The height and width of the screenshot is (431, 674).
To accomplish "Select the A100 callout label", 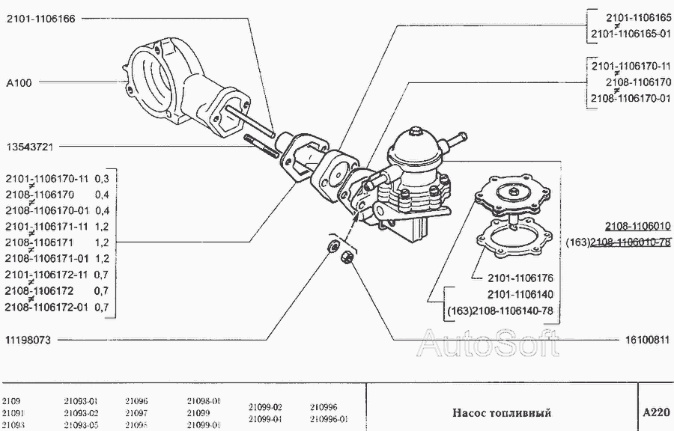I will coord(19,82).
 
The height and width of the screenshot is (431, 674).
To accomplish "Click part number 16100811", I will coord(646,340).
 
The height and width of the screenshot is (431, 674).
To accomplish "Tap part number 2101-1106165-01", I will coord(630,34).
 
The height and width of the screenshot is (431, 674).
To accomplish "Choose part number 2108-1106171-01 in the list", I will coord(46,258).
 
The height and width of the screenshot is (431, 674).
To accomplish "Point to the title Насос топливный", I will coord(502,412).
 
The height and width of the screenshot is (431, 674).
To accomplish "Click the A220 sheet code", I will coord(656,412).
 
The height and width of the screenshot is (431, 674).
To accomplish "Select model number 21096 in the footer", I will coord(136,400).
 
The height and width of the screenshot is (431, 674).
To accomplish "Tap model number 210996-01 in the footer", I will coord(329,420).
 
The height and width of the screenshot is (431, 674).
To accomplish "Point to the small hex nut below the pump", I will coord(347,258).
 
